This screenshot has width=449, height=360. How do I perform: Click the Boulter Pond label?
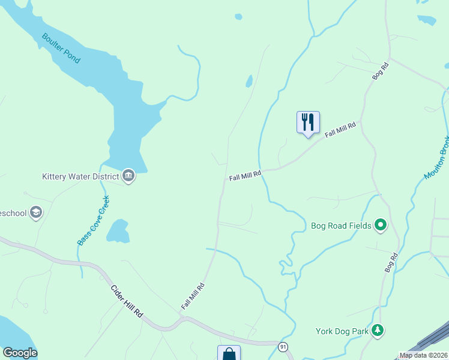[61, 48]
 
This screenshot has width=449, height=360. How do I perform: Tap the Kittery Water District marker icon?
[128, 176]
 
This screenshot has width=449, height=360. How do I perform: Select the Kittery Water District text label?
[80, 176]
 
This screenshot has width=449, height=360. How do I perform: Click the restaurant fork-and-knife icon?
[308, 122]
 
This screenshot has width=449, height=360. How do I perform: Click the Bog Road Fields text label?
[340, 226]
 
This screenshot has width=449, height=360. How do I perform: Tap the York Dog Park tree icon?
[378, 330]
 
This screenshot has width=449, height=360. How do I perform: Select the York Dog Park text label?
[342, 331]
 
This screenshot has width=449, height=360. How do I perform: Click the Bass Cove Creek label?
[93, 220]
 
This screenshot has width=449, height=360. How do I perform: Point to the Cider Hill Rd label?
[127, 301]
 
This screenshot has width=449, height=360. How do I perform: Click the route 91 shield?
[283, 347]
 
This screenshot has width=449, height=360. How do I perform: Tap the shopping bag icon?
[229, 353]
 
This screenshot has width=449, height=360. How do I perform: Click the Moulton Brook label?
[437, 157]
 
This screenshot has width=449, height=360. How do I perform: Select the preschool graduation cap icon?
[36, 212]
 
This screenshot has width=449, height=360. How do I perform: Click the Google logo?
[20, 353]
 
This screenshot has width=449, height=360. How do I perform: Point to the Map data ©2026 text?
[423, 355]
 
